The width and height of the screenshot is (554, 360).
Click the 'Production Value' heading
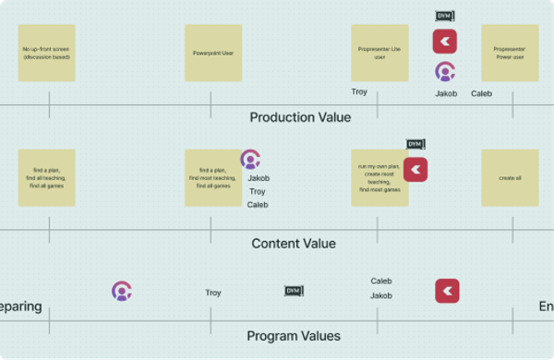[300, 117]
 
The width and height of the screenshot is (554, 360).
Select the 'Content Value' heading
[294, 244]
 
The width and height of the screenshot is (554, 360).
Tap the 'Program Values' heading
[293, 336]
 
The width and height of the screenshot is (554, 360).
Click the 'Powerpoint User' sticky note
[213, 53]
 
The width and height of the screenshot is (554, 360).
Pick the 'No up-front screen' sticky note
[47, 53]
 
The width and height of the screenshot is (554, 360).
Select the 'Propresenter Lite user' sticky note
[379, 53]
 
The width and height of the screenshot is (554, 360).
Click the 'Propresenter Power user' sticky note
[510, 53]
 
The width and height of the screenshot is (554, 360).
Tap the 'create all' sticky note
[510, 178]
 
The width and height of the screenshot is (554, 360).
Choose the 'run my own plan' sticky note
[379, 178]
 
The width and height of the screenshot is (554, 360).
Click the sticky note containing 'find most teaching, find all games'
[213, 178]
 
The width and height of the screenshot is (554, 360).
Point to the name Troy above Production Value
[359, 91]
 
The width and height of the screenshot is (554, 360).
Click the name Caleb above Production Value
[481, 93]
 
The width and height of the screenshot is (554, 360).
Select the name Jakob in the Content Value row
[259, 178]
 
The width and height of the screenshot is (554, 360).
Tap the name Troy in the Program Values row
[213, 293]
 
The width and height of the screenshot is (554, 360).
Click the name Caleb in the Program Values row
[381, 281]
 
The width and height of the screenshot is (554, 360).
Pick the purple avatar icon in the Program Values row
[122, 292]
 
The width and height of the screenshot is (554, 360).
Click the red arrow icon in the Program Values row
[448, 291]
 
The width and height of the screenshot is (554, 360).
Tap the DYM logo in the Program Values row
[294, 291]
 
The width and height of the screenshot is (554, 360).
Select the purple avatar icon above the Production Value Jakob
[445, 71]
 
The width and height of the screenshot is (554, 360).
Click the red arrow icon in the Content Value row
[415, 170]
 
